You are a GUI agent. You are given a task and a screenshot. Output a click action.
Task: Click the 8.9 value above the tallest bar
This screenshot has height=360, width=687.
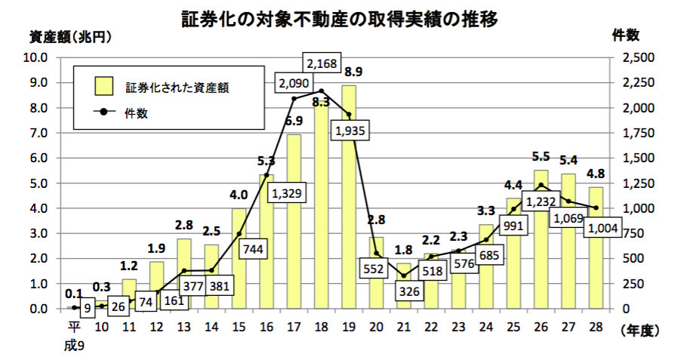[353, 72]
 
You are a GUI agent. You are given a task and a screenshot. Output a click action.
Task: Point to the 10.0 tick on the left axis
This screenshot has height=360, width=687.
[36, 57]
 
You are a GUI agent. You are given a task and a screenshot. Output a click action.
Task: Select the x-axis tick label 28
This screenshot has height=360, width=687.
[596, 326]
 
